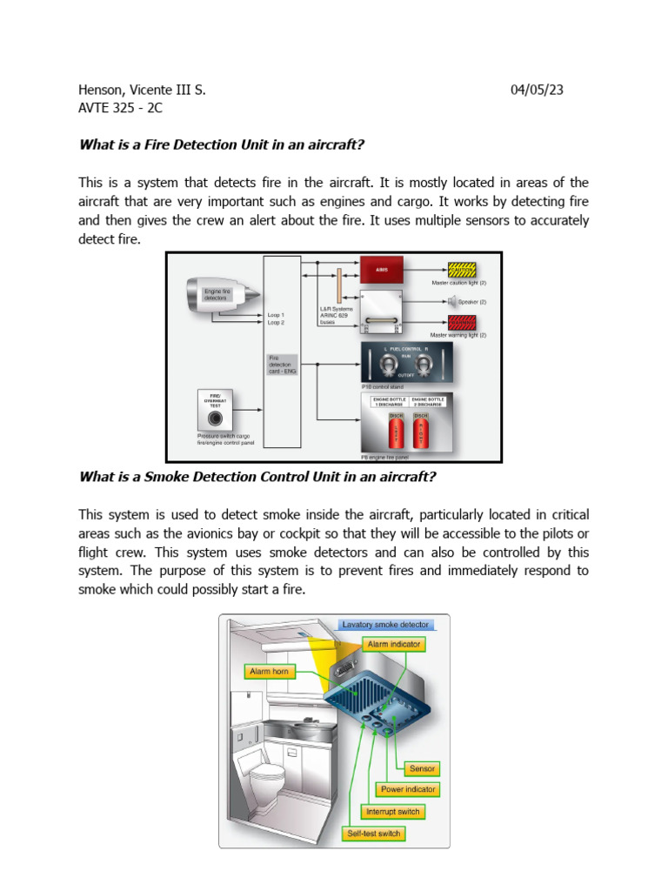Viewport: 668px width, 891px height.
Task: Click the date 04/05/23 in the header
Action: coord(538,90)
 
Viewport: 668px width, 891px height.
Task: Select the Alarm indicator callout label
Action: coord(394,645)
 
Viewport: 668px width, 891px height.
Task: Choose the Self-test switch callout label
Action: coord(374,834)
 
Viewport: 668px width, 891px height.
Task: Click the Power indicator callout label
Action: coord(408,789)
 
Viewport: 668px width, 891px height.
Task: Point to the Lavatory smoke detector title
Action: coord(386,624)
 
